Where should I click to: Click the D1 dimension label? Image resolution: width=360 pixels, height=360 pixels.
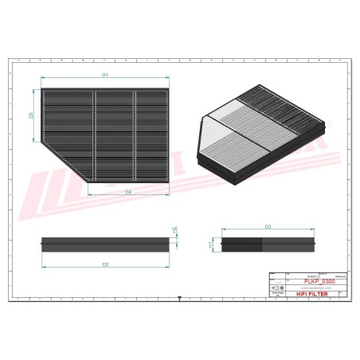pyautogui.click(x=104, y=74)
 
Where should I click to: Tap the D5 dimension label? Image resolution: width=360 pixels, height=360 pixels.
pyautogui.click(x=31, y=115)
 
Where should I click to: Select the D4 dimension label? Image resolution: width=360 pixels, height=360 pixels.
pyautogui.click(x=127, y=192)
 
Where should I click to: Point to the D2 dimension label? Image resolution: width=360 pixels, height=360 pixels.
pyautogui.click(x=105, y=264)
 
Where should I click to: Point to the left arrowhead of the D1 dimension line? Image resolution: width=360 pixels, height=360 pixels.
pyautogui.click(x=43, y=80)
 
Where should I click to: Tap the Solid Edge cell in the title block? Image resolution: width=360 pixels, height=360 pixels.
pyautogui.click(x=274, y=294)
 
